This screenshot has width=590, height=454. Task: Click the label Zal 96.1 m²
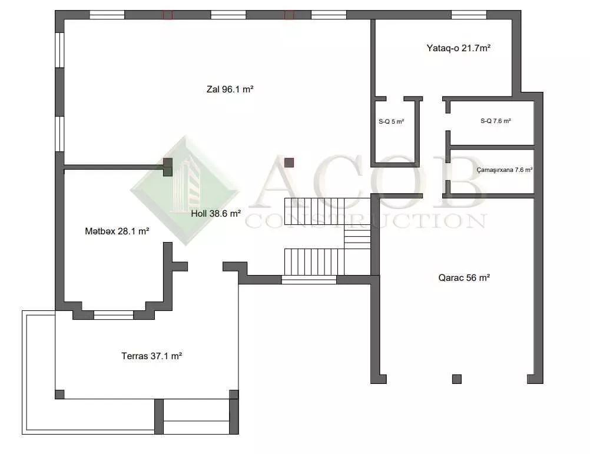[x=230, y=90]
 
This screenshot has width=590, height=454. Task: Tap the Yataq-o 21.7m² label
[x=458, y=48]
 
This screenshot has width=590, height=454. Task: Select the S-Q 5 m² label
[x=392, y=122]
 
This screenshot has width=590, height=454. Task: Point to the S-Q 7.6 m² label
[x=496, y=121]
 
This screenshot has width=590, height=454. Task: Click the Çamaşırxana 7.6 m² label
[x=504, y=170]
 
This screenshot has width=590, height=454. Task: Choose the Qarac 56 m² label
[x=464, y=278]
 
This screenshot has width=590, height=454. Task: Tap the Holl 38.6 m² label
[x=216, y=214]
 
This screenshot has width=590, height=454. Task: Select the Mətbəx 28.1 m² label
[x=117, y=231]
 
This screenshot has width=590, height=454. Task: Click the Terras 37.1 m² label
[x=152, y=356]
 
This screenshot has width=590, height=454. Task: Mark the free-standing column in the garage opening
[x=457, y=379]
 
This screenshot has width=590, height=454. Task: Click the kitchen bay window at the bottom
[x=114, y=315]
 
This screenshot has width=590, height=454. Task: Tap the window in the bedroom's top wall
[x=469, y=15]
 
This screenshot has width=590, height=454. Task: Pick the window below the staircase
[x=309, y=280]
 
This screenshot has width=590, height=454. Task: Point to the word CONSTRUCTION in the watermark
[x=366, y=221]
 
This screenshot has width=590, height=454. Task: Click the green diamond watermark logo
[x=185, y=190]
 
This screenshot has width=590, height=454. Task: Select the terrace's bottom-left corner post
[x=59, y=394]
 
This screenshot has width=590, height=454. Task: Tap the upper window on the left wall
[x=60, y=50]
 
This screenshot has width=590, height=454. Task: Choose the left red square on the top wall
[x=167, y=15]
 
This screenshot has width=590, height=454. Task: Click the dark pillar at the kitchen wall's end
[x=167, y=167]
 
